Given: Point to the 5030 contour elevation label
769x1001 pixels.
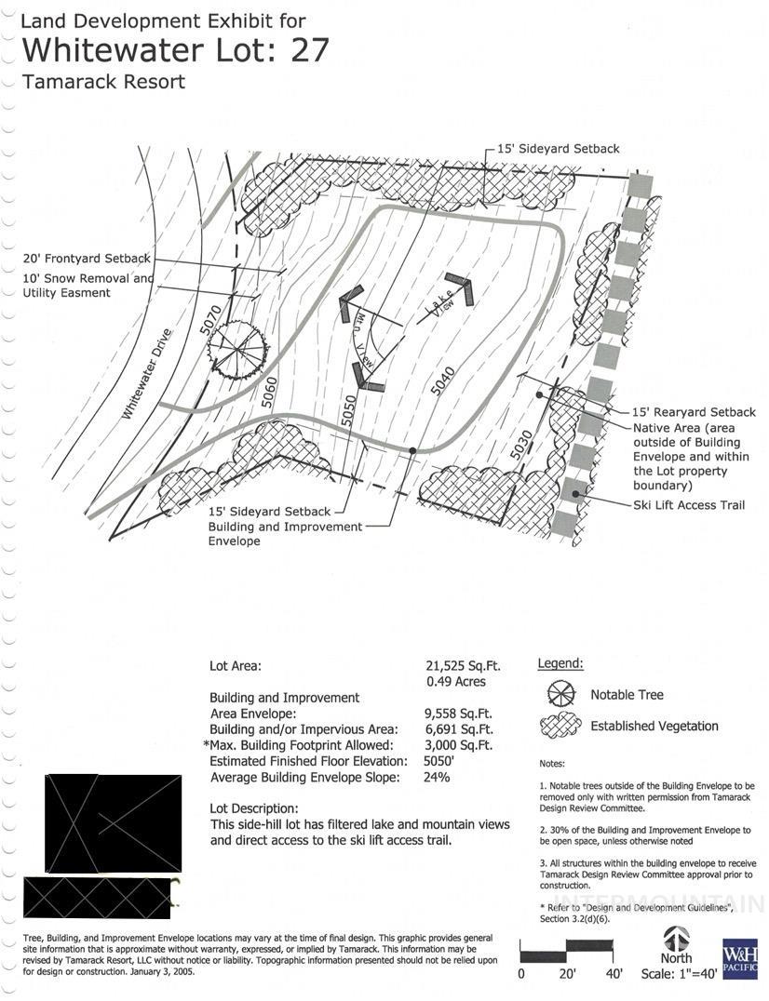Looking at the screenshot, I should tap(522, 444).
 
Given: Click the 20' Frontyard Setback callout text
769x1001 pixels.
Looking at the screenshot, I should tap(87, 258).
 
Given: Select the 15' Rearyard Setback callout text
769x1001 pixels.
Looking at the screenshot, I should tap(694, 411).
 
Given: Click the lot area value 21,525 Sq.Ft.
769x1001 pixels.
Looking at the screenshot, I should tap(463, 666).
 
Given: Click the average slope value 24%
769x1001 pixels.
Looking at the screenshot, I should tap(437, 777).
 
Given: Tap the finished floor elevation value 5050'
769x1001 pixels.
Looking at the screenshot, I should tap(442, 761).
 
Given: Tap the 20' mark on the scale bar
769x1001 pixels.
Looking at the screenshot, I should tap(566, 974).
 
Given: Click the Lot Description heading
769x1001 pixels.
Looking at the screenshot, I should tap(254, 808).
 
